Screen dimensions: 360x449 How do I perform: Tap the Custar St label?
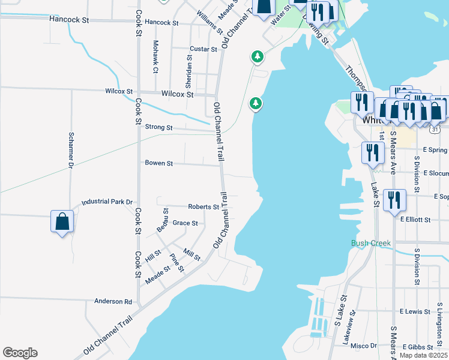pyautogui.click(x=203, y=49)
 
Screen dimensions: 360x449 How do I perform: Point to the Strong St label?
pyautogui.click(x=159, y=128)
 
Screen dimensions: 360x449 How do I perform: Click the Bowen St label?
pyautogui.click(x=158, y=163)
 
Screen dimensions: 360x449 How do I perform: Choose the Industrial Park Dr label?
pyautogui.click(x=107, y=202)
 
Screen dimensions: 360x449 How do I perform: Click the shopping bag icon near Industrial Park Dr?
pyautogui.click(x=62, y=221)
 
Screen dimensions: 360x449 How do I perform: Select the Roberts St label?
pyautogui.click(x=203, y=206)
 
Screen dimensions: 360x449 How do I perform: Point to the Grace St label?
pyautogui.click(x=185, y=223)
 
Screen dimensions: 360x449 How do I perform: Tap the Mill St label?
pyautogui.click(x=192, y=256)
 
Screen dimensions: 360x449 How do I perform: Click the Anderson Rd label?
pyautogui.click(x=112, y=302)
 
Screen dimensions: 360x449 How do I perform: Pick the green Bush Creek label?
pyautogui.click(x=371, y=243)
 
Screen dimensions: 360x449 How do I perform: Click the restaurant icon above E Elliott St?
pyautogui.click(x=394, y=200)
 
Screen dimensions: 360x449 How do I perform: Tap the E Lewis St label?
pyautogui.click(x=415, y=312)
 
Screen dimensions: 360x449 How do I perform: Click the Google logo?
pyautogui.click(x=20, y=353)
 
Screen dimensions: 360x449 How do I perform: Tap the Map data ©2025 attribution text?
pyautogui.click(x=423, y=355)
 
